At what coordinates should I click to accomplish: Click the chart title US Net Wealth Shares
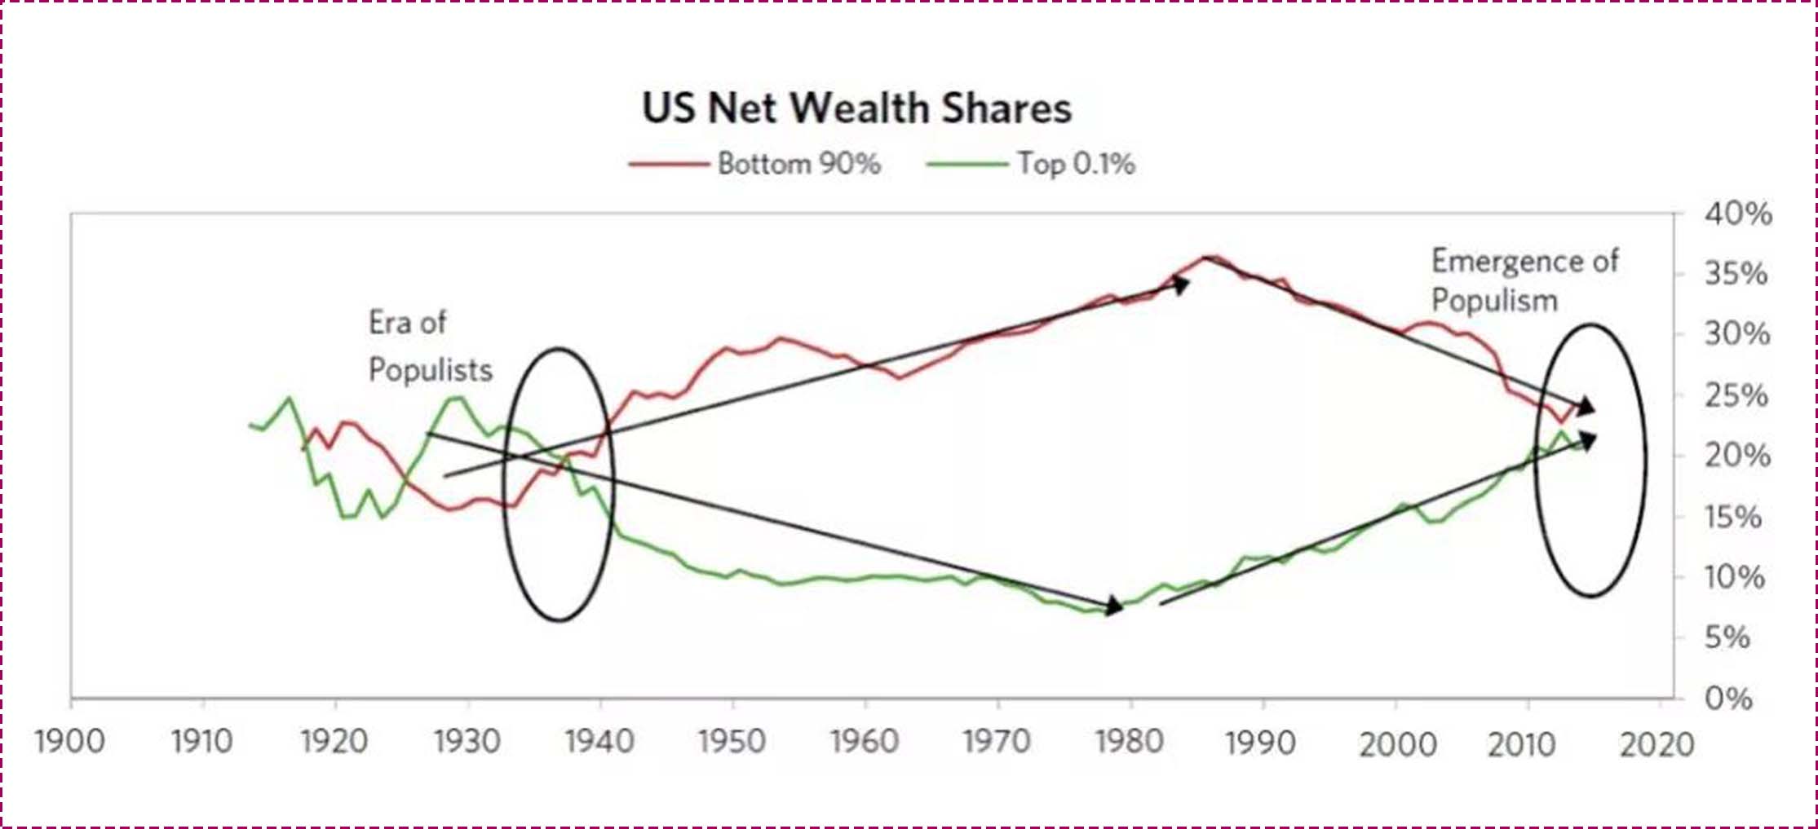[856, 108]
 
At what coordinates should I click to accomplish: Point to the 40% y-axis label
[1737, 214]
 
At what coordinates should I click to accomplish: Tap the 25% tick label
[1736, 396]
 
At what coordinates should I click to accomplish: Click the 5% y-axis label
[1727, 637]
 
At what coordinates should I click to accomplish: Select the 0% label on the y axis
[1727, 699]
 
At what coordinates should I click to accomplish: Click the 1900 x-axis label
[70, 742]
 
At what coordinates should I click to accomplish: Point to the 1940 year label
[599, 742]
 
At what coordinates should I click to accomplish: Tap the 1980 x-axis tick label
[1129, 742]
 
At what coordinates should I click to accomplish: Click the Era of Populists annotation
[429, 346]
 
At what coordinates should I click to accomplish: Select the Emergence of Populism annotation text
[1524, 280]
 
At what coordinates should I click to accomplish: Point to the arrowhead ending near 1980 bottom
[1114, 606]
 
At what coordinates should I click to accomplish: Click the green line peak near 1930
[455, 398]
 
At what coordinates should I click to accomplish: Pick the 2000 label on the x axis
[1396, 744]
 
